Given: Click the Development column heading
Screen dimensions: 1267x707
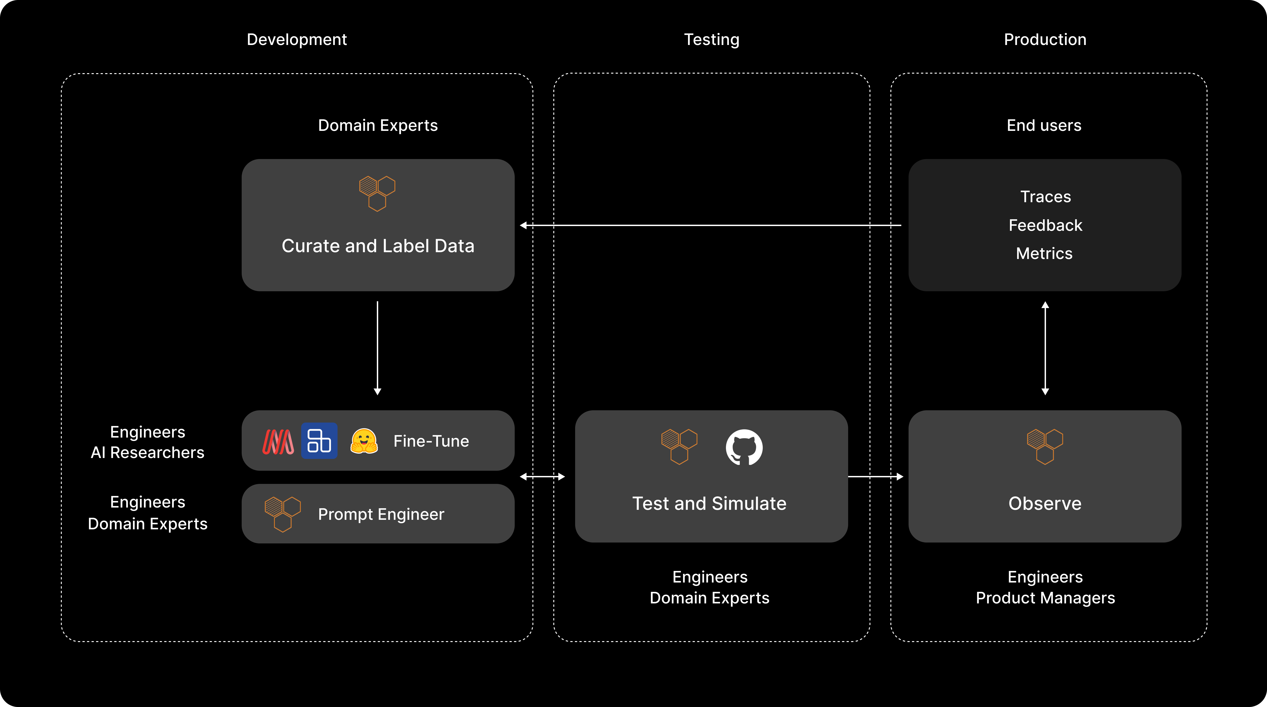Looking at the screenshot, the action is pos(297,39).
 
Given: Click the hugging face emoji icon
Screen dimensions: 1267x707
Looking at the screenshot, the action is pos(364,441).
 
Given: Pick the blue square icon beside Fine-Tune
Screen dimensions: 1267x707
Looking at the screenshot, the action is pos(319,441).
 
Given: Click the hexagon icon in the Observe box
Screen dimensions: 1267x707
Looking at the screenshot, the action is pos(1045,446).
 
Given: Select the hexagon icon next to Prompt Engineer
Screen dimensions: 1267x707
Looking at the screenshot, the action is pos(283,514).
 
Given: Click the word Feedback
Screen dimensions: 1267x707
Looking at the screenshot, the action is pos(1045,225).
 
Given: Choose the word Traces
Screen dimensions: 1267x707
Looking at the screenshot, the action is pos(1045,197).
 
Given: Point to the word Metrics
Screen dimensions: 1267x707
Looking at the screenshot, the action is pos(1044,253).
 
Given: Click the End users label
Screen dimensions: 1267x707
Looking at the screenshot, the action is pos(1044,125).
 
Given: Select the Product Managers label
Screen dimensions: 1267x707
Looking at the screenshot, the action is pos(1045,598).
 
